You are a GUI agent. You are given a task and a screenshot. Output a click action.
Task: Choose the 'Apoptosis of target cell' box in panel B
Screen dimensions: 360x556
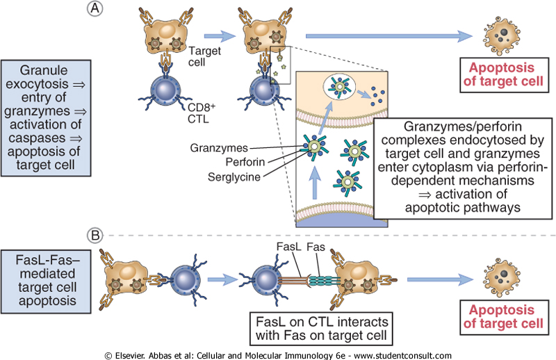click(499, 316)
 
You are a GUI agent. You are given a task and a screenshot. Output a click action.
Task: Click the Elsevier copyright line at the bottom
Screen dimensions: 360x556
click(278, 354)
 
